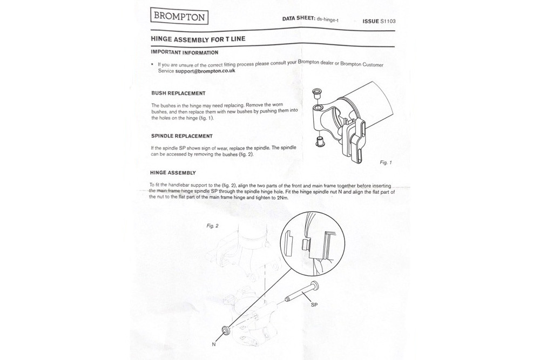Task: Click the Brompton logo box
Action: click(x=179, y=16)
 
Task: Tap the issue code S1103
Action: click(x=387, y=22)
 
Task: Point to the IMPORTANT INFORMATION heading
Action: click(x=184, y=52)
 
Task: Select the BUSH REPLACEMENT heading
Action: click(x=178, y=93)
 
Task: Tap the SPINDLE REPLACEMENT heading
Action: click(x=181, y=136)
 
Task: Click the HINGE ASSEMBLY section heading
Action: click(x=173, y=173)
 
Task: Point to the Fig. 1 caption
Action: click(x=386, y=162)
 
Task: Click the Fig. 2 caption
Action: click(x=212, y=226)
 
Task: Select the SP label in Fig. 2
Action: click(x=314, y=305)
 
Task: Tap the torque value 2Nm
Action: click(x=282, y=198)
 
